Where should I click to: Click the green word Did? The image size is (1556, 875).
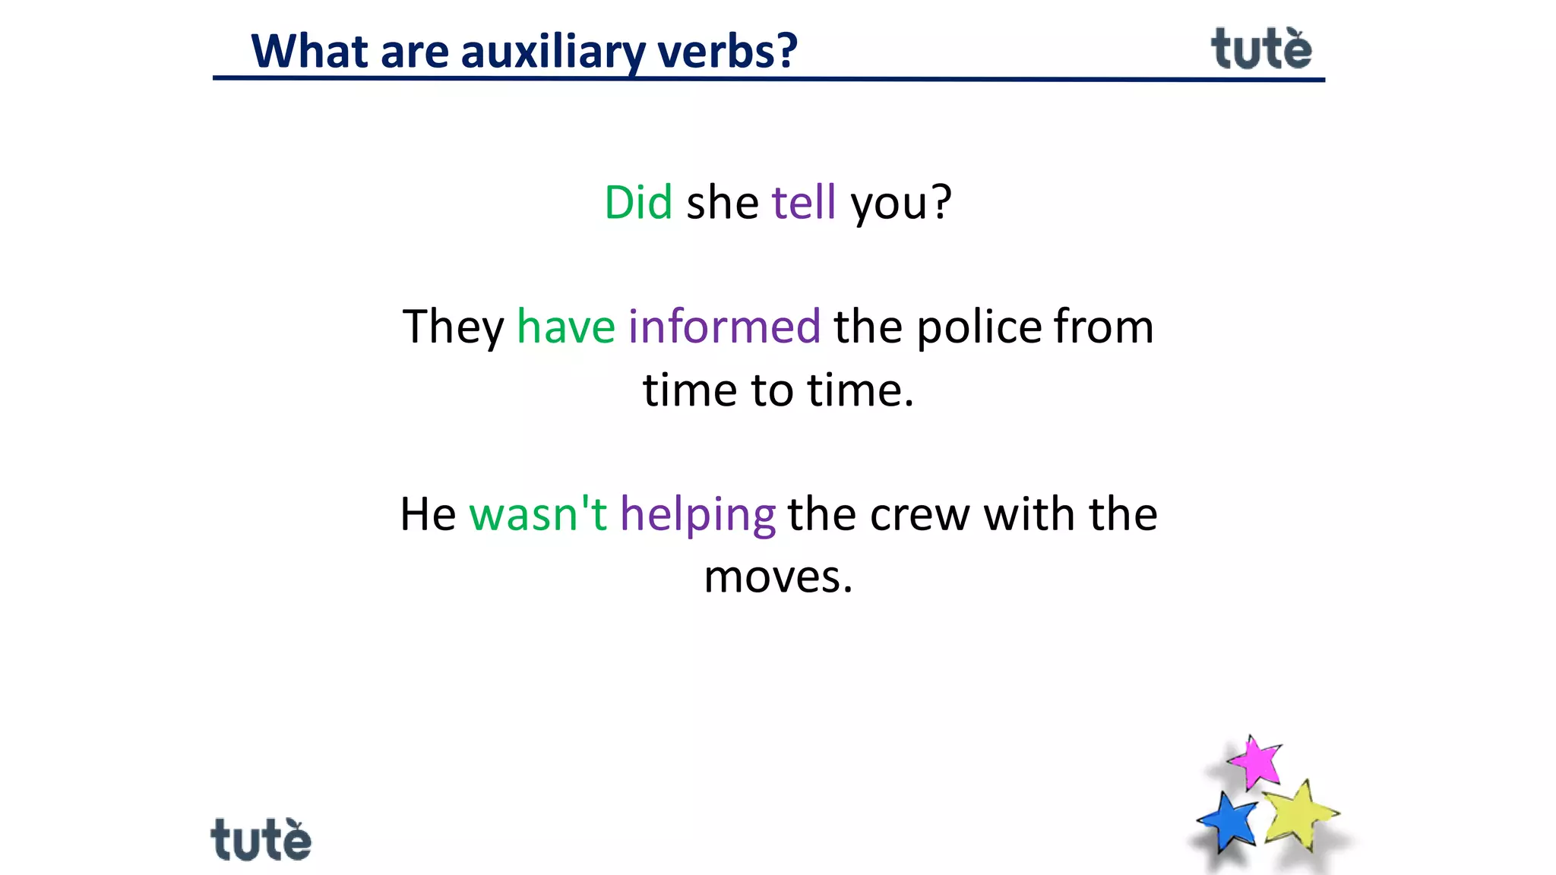pyautogui.click(x=638, y=203)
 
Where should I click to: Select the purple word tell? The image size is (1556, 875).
pyautogui.click(x=804, y=203)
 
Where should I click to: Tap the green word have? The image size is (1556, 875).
pyautogui.click(x=566, y=327)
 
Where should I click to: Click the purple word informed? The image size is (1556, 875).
pyautogui.click(x=724, y=327)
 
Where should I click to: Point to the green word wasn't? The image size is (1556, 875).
pyautogui.click(x=538, y=514)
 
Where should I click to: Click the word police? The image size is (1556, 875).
pyautogui.click(x=979, y=327)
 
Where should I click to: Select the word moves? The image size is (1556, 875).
pyautogui.click(x=778, y=577)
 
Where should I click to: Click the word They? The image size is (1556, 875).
pyautogui.click(x=453, y=327)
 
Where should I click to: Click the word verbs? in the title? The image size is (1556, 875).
pyautogui.click(x=727, y=52)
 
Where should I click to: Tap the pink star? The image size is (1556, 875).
pyautogui.click(x=1254, y=761)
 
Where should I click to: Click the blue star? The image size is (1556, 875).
pyautogui.click(x=1227, y=822)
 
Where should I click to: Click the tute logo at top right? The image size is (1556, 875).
pyautogui.click(x=1261, y=49)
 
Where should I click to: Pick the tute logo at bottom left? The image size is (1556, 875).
pyautogui.click(x=261, y=839)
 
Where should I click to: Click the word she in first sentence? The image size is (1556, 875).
pyautogui.click(x=722, y=203)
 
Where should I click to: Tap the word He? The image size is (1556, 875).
pyautogui.click(x=428, y=514)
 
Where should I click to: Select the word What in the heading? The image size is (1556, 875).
pyautogui.click(x=310, y=52)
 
